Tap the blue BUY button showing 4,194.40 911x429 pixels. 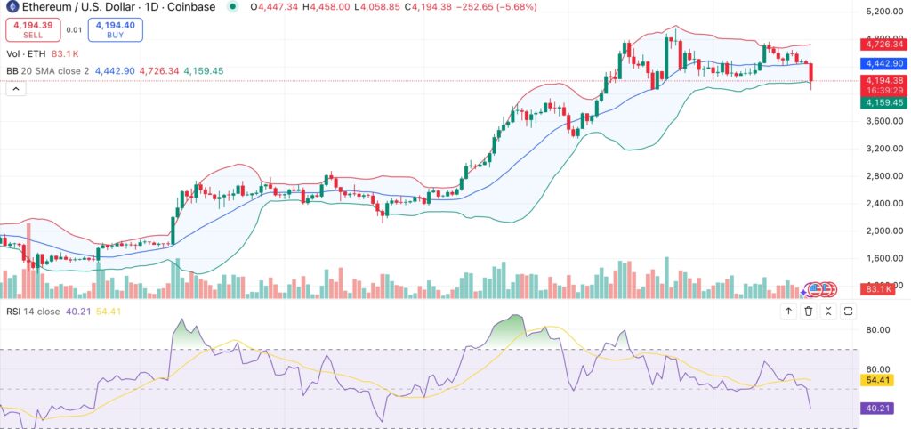(x=116, y=29)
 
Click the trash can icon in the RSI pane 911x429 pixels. (x=809, y=311)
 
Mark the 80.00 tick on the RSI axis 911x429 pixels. (x=879, y=329)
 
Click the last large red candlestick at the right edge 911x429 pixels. (x=811, y=72)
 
